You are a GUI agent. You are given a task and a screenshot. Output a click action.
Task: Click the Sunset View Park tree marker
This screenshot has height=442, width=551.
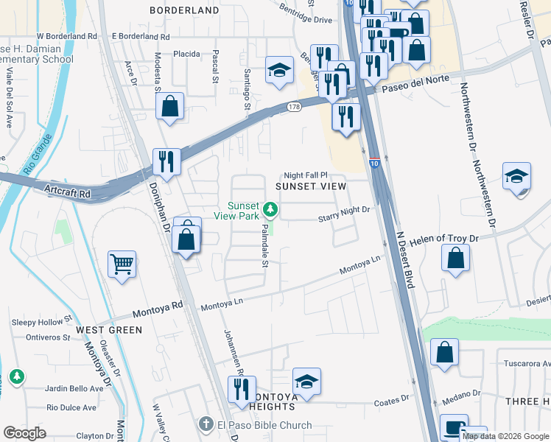point(271,210)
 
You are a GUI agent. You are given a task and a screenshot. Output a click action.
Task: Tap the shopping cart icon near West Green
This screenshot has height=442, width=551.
point(122,264)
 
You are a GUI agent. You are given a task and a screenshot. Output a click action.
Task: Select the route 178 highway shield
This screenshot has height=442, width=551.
point(294,108)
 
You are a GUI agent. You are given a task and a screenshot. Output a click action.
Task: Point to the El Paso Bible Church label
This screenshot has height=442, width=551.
point(264,425)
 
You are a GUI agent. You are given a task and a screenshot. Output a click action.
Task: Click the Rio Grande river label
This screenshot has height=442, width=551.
point(38,153)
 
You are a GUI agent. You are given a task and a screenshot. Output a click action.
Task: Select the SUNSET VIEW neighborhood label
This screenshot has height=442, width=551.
point(310,186)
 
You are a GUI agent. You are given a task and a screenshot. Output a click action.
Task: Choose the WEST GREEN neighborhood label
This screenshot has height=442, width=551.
point(109,330)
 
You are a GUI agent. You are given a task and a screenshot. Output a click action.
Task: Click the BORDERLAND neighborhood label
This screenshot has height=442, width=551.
point(184,10)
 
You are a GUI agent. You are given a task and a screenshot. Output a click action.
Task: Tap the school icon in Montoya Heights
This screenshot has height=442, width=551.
point(306,382)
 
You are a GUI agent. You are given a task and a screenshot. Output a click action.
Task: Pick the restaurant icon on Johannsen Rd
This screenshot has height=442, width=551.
point(241,390)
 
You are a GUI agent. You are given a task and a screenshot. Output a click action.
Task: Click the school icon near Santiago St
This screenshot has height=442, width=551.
point(279,71)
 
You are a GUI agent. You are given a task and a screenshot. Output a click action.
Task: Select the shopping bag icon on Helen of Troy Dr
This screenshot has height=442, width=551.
point(456,259)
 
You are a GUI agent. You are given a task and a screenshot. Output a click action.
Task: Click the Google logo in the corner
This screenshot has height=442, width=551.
point(24,433)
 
